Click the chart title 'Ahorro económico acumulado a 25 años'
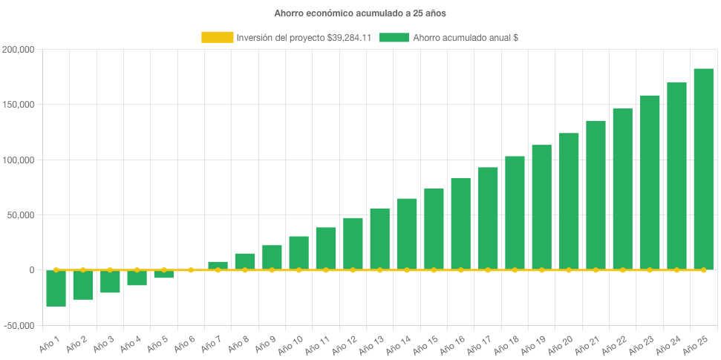(x=360, y=13)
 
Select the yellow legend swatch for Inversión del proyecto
(x=217, y=37)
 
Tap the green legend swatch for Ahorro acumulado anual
(x=394, y=37)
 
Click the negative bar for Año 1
(x=56, y=289)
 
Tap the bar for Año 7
(x=218, y=265)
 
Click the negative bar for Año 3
(x=110, y=282)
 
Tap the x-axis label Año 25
(x=698, y=344)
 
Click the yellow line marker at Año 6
(x=191, y=270)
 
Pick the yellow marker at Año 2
(x=83, y=270)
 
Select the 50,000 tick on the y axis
(x=22, y=215)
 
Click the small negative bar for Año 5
(x=164, y=275)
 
